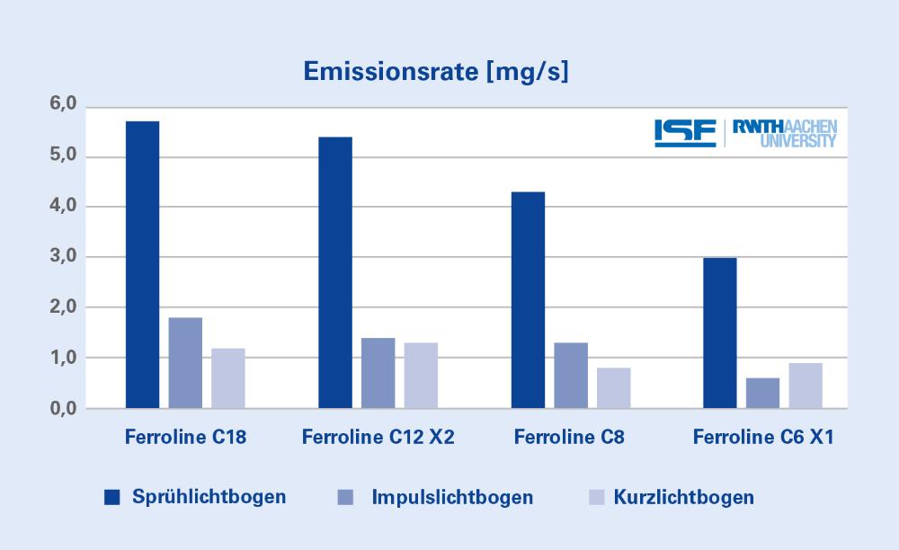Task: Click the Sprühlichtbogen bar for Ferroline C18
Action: tap(143, 265)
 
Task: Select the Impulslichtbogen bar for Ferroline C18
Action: tap(185, 363)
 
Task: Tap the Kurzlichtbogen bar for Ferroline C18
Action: tap(228, 378)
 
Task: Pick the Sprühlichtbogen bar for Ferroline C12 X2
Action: tap(335, 272)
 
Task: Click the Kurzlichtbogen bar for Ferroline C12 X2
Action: tap(421, 376)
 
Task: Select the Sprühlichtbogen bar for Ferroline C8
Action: tap(528, 300)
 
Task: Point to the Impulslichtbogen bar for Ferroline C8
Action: tap(571, 376)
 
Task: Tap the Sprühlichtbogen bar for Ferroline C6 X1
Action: tap(720, 333)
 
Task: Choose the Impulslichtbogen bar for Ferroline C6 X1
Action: tap(762, 393)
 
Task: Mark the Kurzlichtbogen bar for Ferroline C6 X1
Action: tap(806, 386)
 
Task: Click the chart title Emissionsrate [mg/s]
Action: tap(436, 72)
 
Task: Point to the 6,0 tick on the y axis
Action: tap(63, 103)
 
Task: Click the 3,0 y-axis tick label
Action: tap(63, 256)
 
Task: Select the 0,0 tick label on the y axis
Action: tap(63, 409)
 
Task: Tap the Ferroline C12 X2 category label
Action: tap(378, 437)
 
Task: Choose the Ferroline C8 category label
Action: tap(569, 437)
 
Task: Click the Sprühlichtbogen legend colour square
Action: tap(111, 497)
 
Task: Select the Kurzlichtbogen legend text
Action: tap(684, 497)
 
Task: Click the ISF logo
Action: tap(685, 134)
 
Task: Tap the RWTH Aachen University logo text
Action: tap(785, 134)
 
